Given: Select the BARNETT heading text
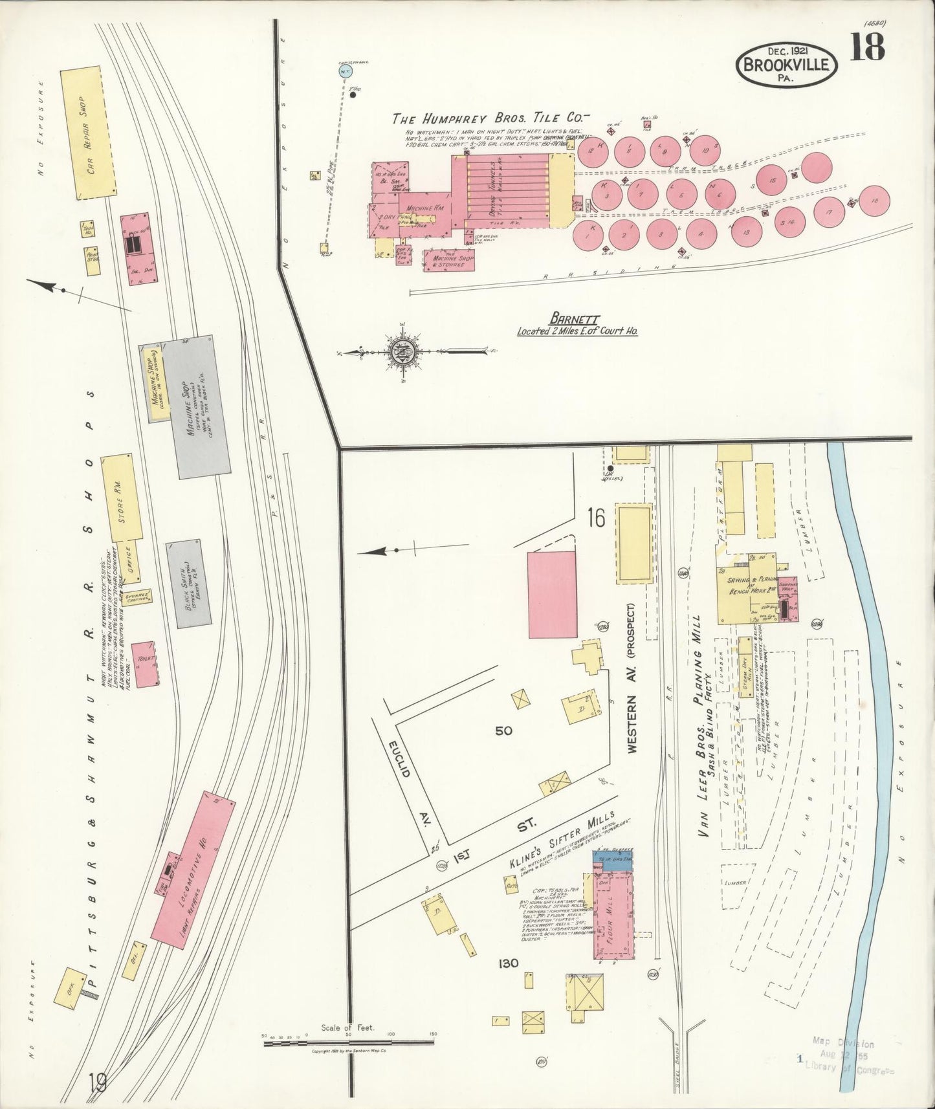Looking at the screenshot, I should pyautogui.click(x=575, y=319).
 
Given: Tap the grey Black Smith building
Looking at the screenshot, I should pyautogui.click(x=188, y=584).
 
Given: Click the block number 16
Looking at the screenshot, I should pyautogui.click(x=596, y=518).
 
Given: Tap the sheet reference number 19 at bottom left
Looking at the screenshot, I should pyautogui.click(x=98, y=1082).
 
